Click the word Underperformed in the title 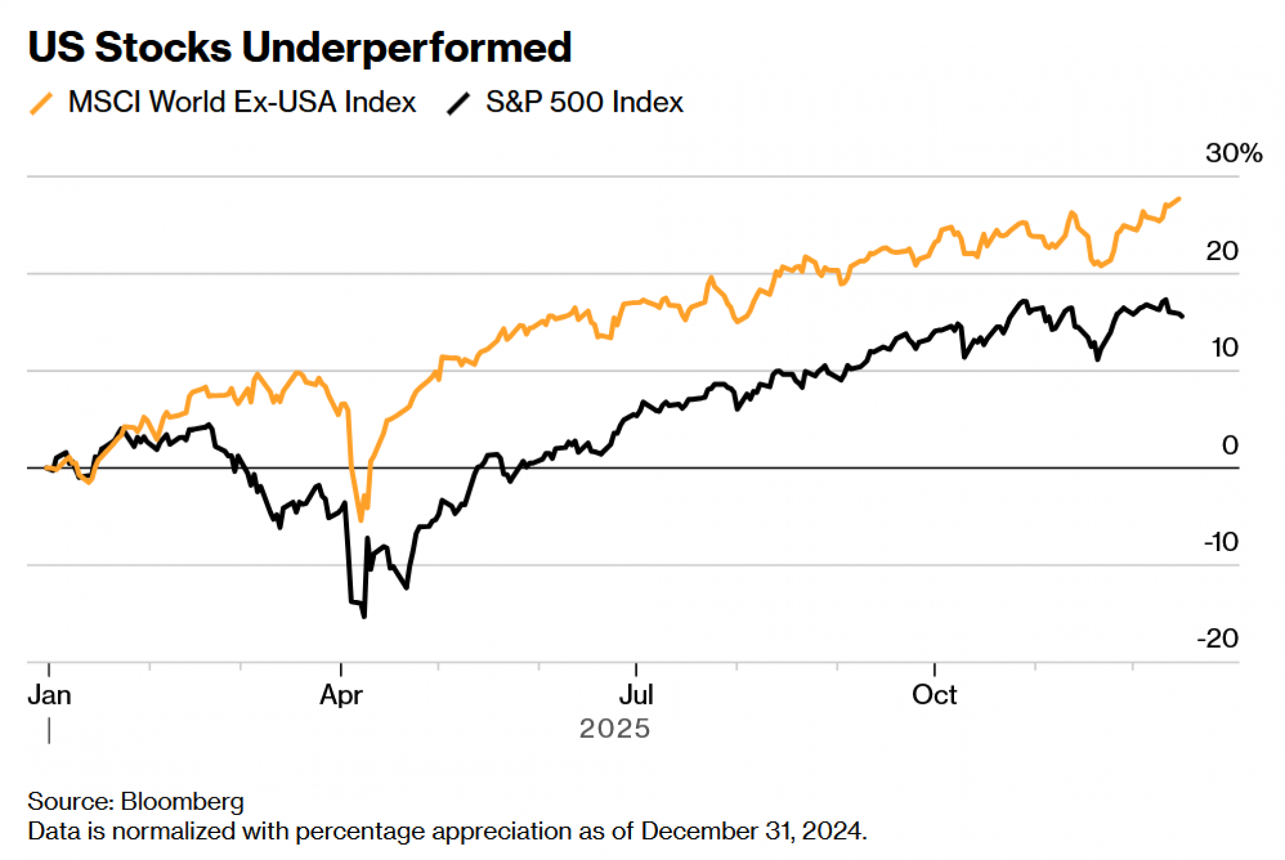point(406,48)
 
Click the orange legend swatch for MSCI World point(41,103)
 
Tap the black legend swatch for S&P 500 point(459,103)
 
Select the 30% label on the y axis point(1233,154)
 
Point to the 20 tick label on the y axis point(1221,251)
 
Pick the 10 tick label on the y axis point(1224,348)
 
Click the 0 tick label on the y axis point(1230,445)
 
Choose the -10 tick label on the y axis point(1220,542)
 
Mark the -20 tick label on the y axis point(1218,639)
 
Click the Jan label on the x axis point(49,696)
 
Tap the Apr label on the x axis point(341,696)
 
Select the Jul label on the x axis point(636,696)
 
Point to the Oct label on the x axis point(934,696)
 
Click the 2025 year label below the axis point(614,729)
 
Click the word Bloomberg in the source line point(182,802)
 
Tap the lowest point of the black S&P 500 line point(364,617)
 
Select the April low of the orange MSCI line point(360,519)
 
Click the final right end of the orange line point(1180,199)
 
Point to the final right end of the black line point(1183,316)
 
